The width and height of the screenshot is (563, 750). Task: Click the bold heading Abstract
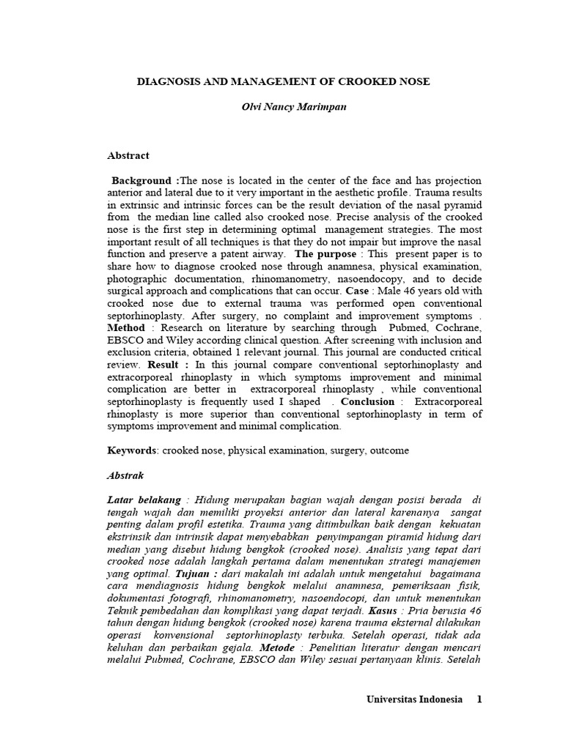(x=128, y=155)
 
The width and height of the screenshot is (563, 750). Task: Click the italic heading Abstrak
(x=126, y=475)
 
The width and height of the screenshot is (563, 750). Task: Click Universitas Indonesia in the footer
(x=414, y=699)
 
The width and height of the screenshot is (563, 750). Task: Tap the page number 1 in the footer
(x=479, y=699)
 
